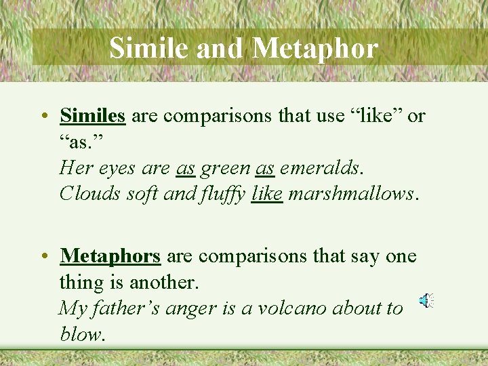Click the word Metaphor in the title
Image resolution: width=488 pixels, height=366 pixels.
click(315, 48)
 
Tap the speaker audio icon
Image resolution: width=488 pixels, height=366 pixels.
click(426, 301)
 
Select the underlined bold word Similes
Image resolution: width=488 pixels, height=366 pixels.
click(92, 116)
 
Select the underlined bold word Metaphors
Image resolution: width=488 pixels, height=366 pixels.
click(110, 256)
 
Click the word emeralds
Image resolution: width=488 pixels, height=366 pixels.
click(319, 167)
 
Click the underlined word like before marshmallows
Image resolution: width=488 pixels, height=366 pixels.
click(266, 194)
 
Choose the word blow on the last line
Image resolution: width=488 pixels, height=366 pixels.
click(79, 333)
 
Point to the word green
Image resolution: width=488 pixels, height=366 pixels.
click(226, 167)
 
